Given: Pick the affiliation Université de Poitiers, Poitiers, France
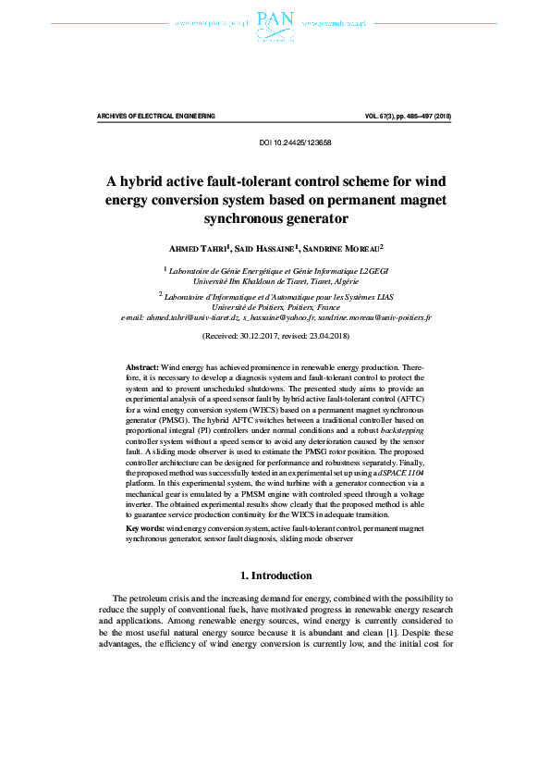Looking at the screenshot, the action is [275, 306].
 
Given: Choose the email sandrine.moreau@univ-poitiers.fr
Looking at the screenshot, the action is [372, 316].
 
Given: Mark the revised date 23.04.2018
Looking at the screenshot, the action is [329, 334].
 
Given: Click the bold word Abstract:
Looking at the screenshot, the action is [142, 368].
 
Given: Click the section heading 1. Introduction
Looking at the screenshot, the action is [275, 575].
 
